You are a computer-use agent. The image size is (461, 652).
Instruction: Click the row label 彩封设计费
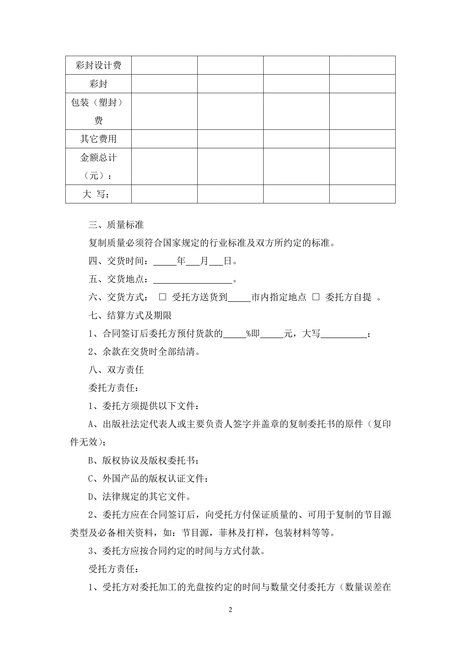click(98, 65)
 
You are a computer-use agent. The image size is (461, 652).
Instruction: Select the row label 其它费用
click(98, 139)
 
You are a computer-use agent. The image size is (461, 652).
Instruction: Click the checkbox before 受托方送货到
click(163, 297)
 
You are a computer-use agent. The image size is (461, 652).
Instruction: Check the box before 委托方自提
click(316, 297)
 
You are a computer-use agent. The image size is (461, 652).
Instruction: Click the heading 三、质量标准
click(116, 225)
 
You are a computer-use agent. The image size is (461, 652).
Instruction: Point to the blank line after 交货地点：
click(193, 280)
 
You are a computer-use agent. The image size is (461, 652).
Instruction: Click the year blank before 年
click(165, 261)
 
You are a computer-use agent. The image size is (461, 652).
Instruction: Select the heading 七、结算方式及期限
click(130, 316)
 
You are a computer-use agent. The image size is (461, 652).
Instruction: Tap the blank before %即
click(235, 334)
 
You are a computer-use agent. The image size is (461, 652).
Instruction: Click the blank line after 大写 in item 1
click(343, 334)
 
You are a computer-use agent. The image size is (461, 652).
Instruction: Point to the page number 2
click(230, 610)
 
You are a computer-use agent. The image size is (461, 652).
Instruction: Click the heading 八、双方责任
click(116, 370)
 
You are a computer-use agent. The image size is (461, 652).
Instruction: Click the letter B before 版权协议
click(91, 461)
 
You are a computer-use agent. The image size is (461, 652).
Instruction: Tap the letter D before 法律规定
click(91, 497)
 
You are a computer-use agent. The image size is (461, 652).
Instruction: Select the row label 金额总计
click(98, 158)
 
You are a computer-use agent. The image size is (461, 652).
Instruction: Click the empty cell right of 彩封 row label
click(164, 84)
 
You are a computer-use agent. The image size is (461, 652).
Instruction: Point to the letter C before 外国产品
click(91, 479)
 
